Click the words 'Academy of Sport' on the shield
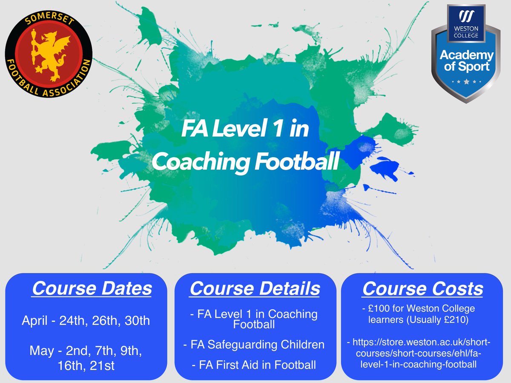tap(466, 60)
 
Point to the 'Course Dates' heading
tap(92, 288)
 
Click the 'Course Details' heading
tap(255, 288)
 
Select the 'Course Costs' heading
tap(422, 288)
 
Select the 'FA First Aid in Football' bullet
tap(254, 365)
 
